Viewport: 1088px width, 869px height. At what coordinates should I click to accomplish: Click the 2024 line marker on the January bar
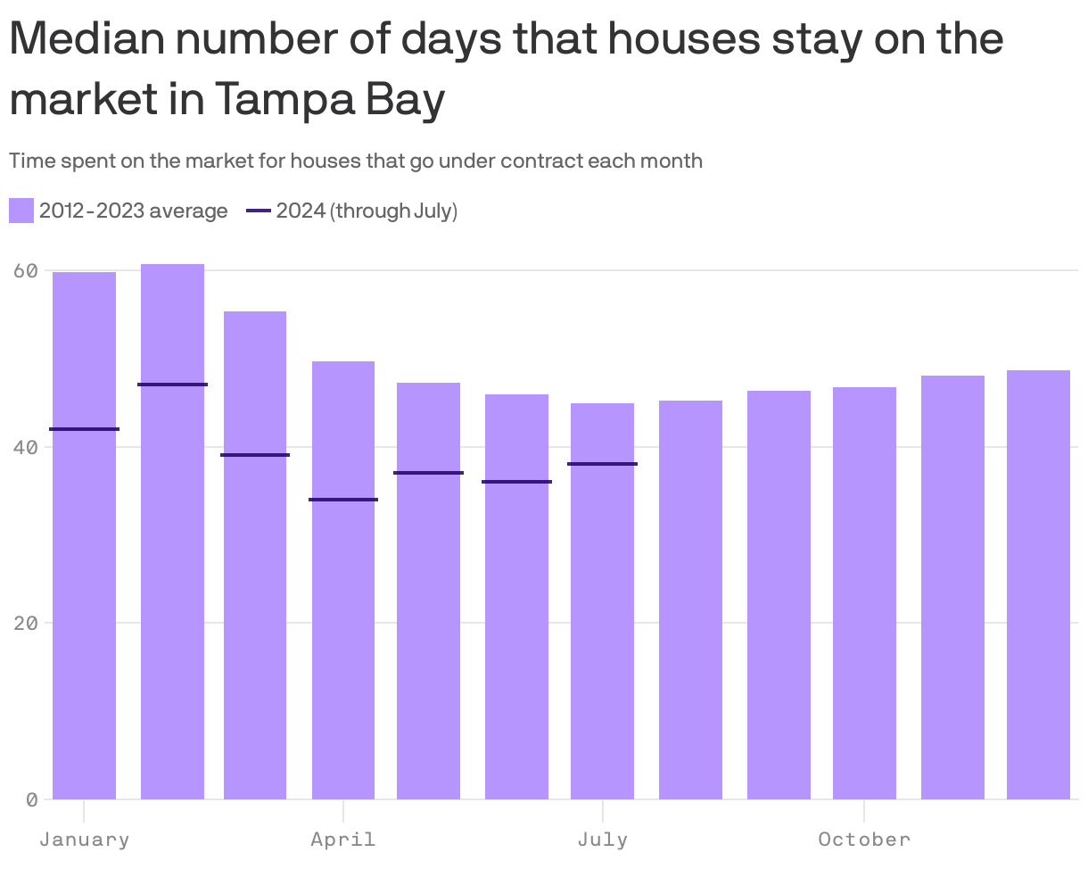(x=84, y=429)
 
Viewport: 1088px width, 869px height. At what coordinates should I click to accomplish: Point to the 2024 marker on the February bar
(x=172, y=385)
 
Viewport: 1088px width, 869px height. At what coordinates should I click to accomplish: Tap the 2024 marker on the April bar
(x=343, y=500)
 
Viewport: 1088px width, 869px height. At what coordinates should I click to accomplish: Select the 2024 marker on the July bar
(x=603, y=464)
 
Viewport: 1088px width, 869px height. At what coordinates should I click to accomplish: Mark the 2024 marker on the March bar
(x=255, y=455)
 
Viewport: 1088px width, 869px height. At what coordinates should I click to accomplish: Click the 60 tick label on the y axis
(x=26, y=270)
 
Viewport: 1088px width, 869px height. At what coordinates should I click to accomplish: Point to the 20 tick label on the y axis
(x=26, y=623)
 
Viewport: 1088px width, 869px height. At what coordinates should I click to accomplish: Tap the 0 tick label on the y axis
(x=31, y=799)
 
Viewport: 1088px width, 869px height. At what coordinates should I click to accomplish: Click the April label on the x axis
(x=343, y=840)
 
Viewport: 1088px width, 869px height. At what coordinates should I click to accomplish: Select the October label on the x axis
(x=864, y=840)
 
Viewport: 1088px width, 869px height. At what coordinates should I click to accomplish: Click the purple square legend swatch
(x=21, y=211)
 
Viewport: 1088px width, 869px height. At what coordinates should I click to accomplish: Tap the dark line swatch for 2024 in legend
(x=258, y=211)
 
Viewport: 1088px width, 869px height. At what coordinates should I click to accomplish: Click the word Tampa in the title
(x=277, y=99)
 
